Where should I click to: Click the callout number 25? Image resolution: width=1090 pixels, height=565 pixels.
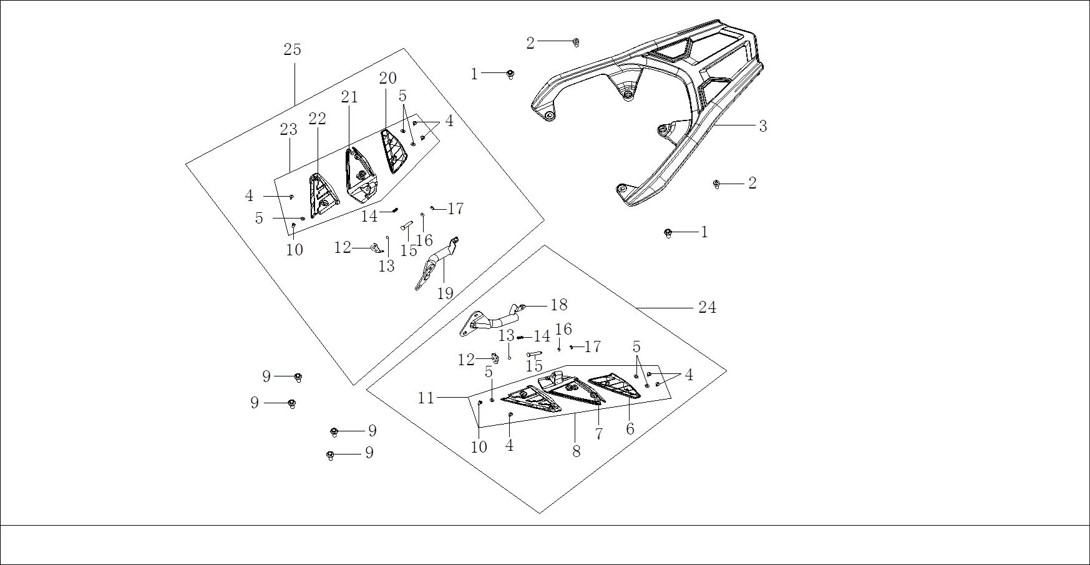point(292,50)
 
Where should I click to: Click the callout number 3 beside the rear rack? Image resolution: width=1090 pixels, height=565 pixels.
point(762,126)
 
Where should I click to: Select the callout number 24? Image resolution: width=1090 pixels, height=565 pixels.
point(707,307)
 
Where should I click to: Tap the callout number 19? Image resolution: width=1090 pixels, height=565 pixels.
point(445,293)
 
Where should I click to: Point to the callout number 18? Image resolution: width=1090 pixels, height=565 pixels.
point(558,305)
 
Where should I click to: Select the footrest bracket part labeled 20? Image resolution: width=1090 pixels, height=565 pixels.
point(392,151)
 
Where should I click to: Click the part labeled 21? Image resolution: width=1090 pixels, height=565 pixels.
point(359,178)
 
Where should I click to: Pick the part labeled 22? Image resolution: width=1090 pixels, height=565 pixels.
point(321,197)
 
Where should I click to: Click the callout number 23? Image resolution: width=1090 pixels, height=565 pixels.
point(288,130)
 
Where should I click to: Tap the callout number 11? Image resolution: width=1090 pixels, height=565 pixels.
point(426,398)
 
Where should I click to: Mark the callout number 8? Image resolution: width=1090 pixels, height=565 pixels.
point(577,451)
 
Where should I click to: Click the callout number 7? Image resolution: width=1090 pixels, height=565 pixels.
point(599,434)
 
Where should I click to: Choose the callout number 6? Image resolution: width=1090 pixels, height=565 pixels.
point(630,429)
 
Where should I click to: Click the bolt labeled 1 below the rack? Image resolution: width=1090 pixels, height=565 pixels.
point(668,233)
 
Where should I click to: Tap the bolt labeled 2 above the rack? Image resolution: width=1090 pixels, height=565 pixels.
point(577,42)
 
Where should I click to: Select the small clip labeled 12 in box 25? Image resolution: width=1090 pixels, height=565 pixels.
point(376,248)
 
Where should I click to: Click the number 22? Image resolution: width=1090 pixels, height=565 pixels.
point(317,119)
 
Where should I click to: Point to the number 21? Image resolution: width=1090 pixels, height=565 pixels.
point(349,97)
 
